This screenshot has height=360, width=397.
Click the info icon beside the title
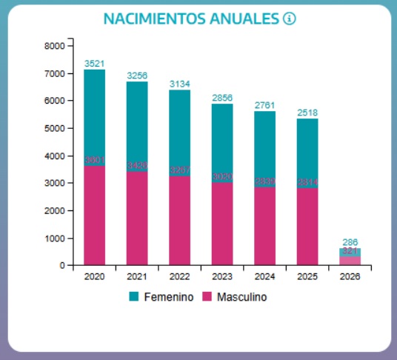pyautogui.click(x=289, y=19)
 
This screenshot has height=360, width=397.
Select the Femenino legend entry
pyautogui.click(x=161, y=297)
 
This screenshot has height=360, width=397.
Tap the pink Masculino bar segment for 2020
pyautogui.click(x=94, y=215)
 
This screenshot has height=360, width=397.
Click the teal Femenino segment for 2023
pyautogui.click(x=222, y=141)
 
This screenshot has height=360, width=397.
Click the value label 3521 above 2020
pyautogui.click(x=94, y=64)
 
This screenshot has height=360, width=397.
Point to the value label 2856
pyautogui.click(x=222, y=98)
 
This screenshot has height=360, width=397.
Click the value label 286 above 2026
pyautogui.click(x=350, y=242)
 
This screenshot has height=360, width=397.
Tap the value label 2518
pyautogui.click(x=307, y=113)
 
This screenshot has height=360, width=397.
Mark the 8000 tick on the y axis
pyautogui.click(x=55, y=46)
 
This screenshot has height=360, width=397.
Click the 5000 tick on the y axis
pyautogui.click(x=55, y=128)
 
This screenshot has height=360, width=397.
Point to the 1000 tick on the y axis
pyautogui.click(x=55, y=238)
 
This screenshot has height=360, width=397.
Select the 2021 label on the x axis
pyautogui.click(x=137, y=276)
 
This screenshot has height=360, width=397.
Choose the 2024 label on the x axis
pyautogui.click(x=265, y=276)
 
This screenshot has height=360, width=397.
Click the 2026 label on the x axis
pyautogui.click(x=350, y=276)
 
